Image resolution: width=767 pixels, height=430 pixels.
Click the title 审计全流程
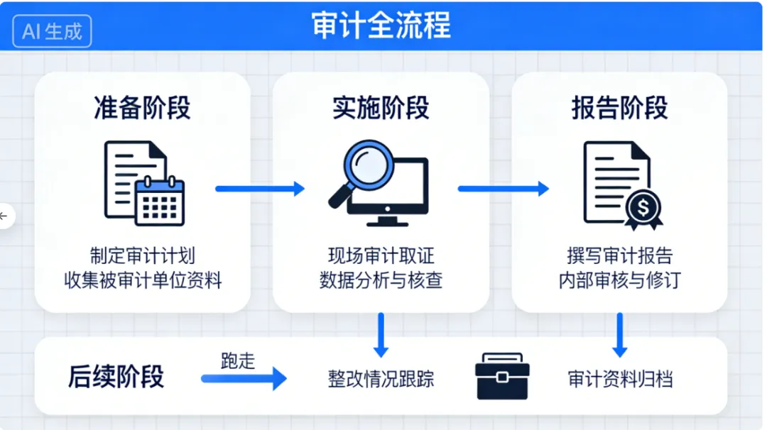coord(381,26)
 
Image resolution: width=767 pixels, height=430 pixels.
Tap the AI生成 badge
coord(52,31)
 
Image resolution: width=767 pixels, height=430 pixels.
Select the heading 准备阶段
coord(142,109)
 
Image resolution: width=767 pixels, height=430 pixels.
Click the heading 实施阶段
coord(381,109)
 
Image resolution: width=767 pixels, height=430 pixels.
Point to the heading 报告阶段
coord(619,109)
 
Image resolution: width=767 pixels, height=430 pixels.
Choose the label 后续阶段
coord(116,376)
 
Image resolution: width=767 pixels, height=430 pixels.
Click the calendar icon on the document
coord(160,201)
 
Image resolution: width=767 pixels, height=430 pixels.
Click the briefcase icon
coord(502,376)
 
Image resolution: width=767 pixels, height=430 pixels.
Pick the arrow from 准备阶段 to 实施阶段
coord(260,189)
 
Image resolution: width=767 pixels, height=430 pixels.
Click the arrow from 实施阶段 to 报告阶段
coord(503,189)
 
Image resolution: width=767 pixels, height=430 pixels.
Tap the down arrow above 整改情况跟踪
coord(381,335)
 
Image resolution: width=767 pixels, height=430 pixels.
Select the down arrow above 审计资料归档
coord(620,335)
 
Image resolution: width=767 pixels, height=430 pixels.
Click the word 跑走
coord(237,360)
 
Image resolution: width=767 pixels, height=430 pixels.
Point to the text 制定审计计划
coord(142,256)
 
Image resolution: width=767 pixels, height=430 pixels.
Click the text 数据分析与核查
coord(381,280)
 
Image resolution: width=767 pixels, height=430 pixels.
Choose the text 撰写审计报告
coord(619,256)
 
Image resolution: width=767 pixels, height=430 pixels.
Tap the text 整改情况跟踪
coord(381,378)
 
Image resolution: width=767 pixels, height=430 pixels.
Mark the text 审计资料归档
coord(620,378)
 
